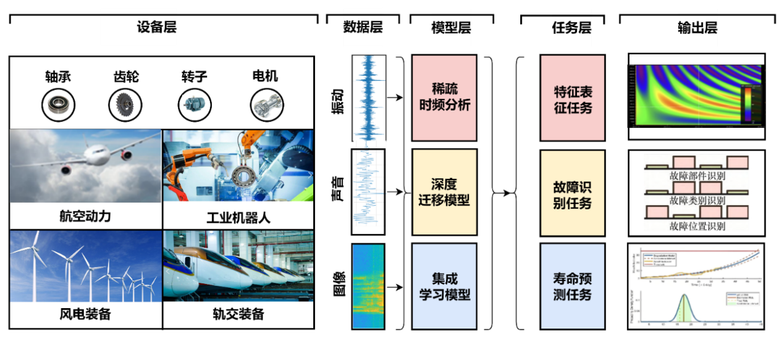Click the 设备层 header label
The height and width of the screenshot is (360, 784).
point(153,27)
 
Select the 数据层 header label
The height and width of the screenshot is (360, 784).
point(363,27)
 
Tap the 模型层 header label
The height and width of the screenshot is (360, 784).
point(451,28)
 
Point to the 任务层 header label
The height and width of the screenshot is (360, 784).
point(571,28)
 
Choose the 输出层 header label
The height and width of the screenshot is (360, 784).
point(698,28)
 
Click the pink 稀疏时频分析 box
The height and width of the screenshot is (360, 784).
point(444,98)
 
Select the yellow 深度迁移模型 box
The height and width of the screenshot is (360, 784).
point(444,192)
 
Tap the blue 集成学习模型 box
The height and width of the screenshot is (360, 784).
point(444,287)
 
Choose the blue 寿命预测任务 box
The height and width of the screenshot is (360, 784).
point(573,287)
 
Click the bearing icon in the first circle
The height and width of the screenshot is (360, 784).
point(58,105)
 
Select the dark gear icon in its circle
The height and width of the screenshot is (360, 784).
point(125,105)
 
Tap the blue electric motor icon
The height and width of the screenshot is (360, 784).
point(195,105)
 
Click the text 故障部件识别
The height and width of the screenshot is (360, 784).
point(697,175)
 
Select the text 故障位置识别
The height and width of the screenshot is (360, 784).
point(697,226)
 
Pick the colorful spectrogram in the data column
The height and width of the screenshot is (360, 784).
point(368,287)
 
